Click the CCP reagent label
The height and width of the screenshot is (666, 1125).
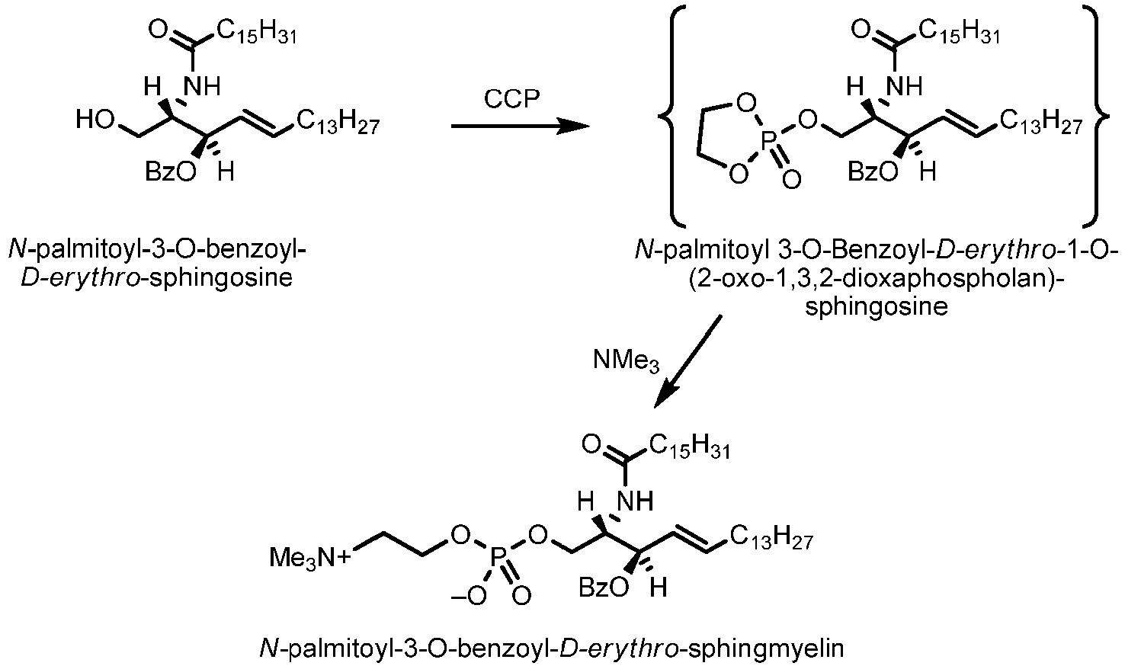pos(511,99)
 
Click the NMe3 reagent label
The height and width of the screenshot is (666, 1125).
pos(627,361)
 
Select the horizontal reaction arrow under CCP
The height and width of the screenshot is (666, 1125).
pos(520,126)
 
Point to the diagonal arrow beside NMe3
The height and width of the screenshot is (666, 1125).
pos(688,362)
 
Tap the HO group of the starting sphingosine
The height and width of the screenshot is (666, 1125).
pos(95,120)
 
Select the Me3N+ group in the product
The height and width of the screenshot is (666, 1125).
pos(309,558)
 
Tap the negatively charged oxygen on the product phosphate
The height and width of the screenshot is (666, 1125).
pos(469,597)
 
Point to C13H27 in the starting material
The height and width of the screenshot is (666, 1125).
pos(338,123)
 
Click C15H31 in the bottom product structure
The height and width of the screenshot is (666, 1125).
pos(689,447)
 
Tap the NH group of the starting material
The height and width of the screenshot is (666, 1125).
pos(203,87)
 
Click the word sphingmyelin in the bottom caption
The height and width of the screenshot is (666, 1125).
pos(765,649)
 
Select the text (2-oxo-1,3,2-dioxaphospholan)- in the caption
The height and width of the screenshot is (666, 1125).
pos(877,279)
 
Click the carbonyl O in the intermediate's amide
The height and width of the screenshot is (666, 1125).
pos(861,30)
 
